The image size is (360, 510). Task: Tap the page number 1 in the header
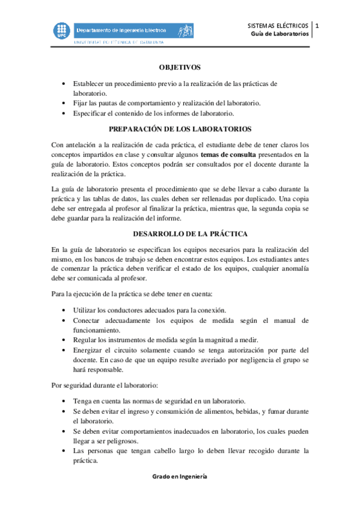318,26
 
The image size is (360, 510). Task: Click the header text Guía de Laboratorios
280,34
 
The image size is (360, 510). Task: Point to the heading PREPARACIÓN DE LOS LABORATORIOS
180,129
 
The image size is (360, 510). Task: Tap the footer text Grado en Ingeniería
180,475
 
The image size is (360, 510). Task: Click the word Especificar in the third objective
90,113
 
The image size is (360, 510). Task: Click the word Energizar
88,350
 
